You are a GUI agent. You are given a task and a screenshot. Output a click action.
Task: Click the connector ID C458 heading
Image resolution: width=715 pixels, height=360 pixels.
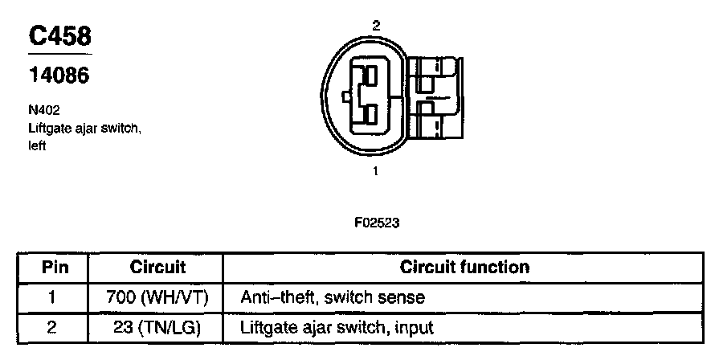(60, 35)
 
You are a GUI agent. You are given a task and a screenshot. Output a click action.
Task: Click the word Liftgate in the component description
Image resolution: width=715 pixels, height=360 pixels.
(47, 129)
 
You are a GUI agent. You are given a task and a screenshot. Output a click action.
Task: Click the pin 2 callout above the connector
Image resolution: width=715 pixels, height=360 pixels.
(375, 26)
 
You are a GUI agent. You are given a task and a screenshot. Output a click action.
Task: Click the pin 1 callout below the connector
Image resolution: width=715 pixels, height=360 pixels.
(375, 170)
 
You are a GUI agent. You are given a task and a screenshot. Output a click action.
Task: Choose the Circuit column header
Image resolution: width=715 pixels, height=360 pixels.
(157, 267)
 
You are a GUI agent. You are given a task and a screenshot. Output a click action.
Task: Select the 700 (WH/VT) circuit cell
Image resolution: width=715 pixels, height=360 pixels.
(157, 297)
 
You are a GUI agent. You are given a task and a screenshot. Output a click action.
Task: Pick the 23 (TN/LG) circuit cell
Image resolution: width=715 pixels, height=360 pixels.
(157, 327)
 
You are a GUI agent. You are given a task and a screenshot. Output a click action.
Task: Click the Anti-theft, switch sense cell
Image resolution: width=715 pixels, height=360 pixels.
(333, 297)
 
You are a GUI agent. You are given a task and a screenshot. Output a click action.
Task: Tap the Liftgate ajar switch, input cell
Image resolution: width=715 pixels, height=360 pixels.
(337, 327)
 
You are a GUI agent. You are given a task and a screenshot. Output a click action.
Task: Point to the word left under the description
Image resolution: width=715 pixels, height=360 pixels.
(36, 145)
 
